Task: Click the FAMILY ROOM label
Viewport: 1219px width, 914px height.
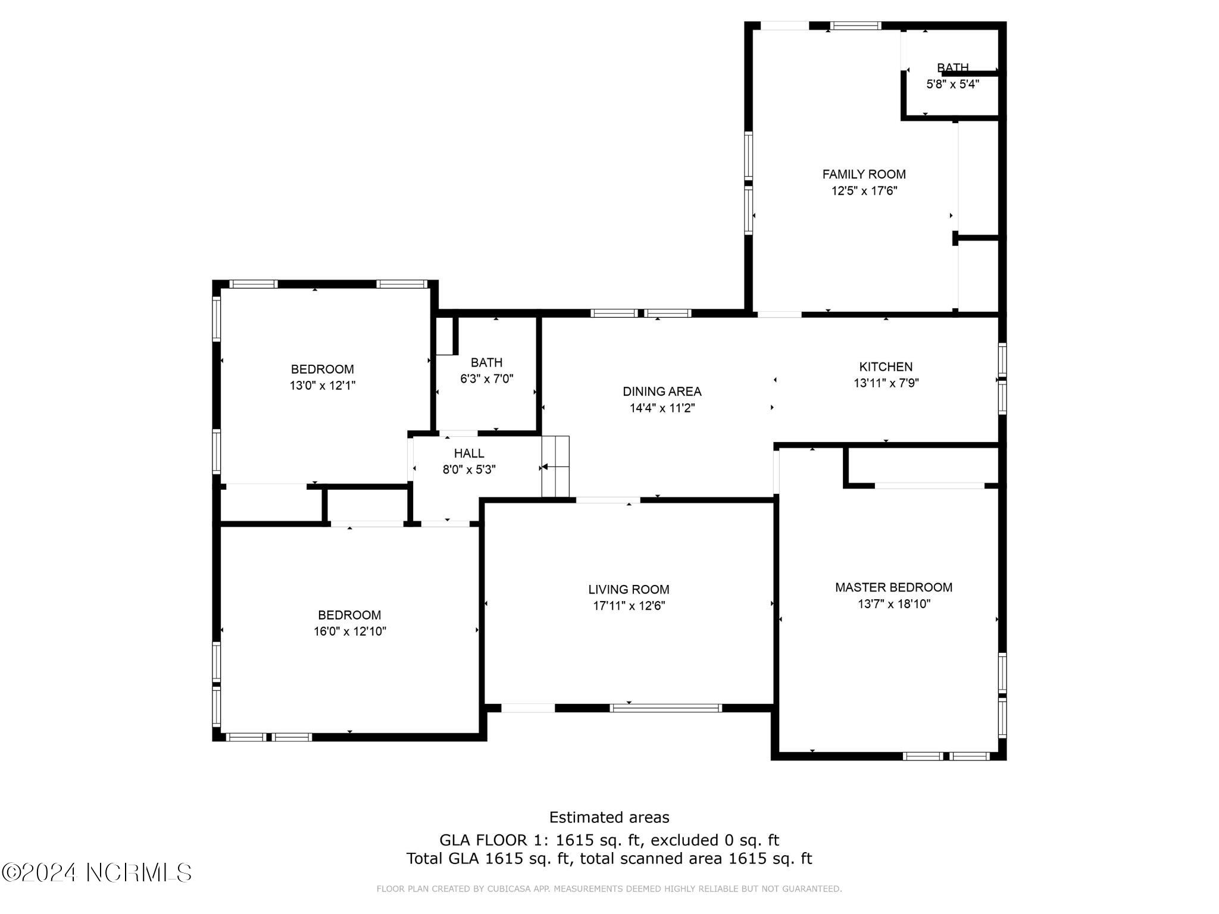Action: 864,174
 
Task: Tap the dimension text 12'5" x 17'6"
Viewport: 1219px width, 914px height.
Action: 864,191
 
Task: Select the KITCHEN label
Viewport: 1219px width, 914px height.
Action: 886,367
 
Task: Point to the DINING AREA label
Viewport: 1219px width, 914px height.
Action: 662,392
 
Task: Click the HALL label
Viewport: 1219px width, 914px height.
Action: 469,453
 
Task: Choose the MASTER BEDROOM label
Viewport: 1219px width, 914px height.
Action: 893,587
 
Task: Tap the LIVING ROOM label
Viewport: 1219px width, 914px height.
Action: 629,590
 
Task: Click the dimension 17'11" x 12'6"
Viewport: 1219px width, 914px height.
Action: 629,606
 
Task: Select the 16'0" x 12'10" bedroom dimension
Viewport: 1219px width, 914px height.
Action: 350,631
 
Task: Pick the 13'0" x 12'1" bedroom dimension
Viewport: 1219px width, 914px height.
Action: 323,386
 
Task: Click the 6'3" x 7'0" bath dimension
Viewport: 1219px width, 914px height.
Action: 486,378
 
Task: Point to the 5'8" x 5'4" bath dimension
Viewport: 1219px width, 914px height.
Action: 952,84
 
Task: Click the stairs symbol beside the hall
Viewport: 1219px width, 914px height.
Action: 555,467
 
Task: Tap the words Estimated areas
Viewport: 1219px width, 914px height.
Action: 609,817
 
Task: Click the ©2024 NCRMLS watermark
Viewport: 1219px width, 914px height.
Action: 96,873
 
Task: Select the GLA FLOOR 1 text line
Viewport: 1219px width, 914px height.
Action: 609,840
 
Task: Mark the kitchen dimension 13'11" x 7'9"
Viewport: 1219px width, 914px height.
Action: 886,383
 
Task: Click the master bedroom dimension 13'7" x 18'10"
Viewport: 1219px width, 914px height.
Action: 893,604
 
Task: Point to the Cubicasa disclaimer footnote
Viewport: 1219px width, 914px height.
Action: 609,889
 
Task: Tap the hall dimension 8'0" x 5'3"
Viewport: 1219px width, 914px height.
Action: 469,469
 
